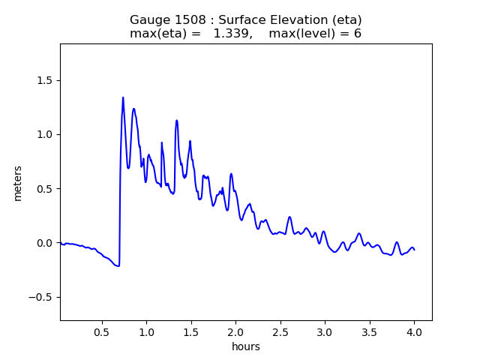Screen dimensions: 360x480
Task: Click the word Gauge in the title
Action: click(x=149, y=20)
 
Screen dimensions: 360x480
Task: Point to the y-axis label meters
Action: click(x=18, y=183)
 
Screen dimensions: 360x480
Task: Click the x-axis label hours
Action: click(x=245, y=346)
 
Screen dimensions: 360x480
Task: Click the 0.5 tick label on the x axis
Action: click(x=102, y=331)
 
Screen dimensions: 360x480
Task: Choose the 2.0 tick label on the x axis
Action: click(x=235, y=331)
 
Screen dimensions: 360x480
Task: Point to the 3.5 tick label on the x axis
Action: click(x=369, y=331)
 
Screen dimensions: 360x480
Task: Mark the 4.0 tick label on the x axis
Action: click(x=414, y=331)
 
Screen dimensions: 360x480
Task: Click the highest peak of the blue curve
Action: click(x=123, y=97)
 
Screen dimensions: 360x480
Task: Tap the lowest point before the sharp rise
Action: click(x=118, y=266)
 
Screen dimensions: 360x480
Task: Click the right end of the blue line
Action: click(x=414, y=249)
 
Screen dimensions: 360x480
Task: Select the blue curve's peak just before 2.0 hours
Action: click(x=231, y=174)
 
